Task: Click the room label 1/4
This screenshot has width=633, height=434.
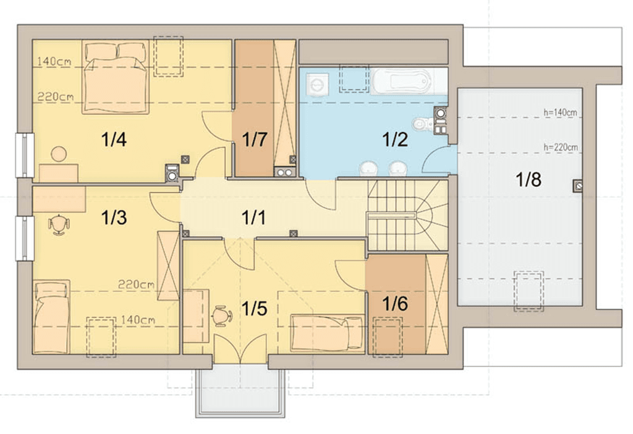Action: coord(114,140)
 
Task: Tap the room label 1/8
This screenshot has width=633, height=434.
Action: coord(529,180)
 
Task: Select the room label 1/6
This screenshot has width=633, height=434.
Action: coord(395,303)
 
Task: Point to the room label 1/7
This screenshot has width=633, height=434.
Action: coord(254,140)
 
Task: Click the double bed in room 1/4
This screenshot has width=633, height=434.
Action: coord(116,77)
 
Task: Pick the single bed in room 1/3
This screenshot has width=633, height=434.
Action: coord(51,317)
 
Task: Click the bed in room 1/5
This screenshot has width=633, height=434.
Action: coord(328,333)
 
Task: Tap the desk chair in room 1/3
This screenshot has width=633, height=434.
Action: coord(59,224)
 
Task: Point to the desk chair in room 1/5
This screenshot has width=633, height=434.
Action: coord(222,315)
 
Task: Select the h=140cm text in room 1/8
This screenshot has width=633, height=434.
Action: coord(560,112)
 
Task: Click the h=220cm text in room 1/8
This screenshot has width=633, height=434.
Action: coord(560,147)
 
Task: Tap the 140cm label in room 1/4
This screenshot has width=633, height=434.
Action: coord(54,61)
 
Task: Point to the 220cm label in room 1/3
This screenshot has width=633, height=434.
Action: coord(136,285)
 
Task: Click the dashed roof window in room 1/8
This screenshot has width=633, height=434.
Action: coord(529,291)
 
